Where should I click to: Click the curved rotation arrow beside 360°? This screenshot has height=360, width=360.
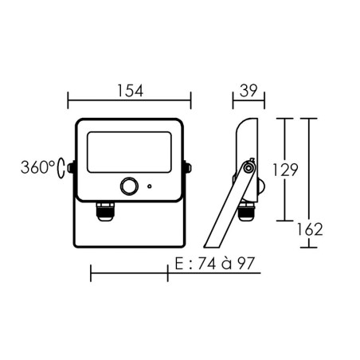(x=61, y=169)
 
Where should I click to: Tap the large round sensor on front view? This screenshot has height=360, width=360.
(x=127, y=186)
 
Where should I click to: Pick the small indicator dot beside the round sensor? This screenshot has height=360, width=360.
(x=149, y=186)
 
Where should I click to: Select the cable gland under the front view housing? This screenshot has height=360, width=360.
(x=106, y=211)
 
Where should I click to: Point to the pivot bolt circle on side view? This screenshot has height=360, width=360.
(x=249, y=167)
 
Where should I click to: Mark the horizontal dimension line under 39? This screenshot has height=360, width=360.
(x=248, y=101)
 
